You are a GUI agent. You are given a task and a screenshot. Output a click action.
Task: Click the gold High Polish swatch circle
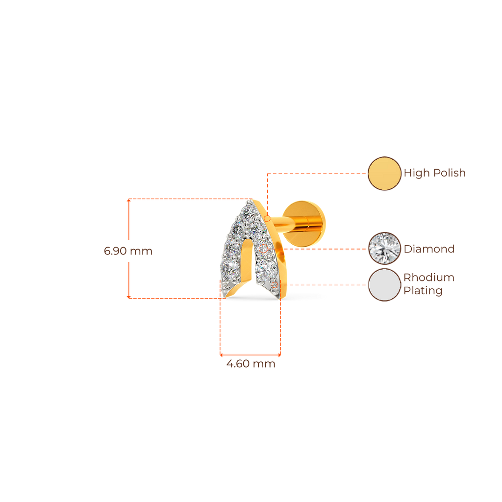click(x=384, y=173)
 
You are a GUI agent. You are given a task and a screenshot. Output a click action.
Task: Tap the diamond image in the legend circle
click(x=385, y=249)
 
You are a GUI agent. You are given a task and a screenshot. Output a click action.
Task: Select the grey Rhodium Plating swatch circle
click(x=385, y=285)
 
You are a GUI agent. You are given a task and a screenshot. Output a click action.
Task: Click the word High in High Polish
click(x=416, y=173)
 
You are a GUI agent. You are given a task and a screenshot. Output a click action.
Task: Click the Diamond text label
click(x=429, y=249)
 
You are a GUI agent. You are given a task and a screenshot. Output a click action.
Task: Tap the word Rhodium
click(x=429, y=277)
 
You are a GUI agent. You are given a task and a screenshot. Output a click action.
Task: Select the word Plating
click(x=423, y=291)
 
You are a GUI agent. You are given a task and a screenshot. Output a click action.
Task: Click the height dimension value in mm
click(x=128, y=251)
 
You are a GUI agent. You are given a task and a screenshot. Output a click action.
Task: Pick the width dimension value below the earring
click(x=251, y=364)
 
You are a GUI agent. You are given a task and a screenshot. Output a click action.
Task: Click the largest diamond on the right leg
click(x=267, y=268)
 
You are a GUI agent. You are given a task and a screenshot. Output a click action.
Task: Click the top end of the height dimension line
click(x=128, y=200)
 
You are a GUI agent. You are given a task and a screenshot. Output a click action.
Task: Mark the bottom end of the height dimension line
click(x=128, y=297)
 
